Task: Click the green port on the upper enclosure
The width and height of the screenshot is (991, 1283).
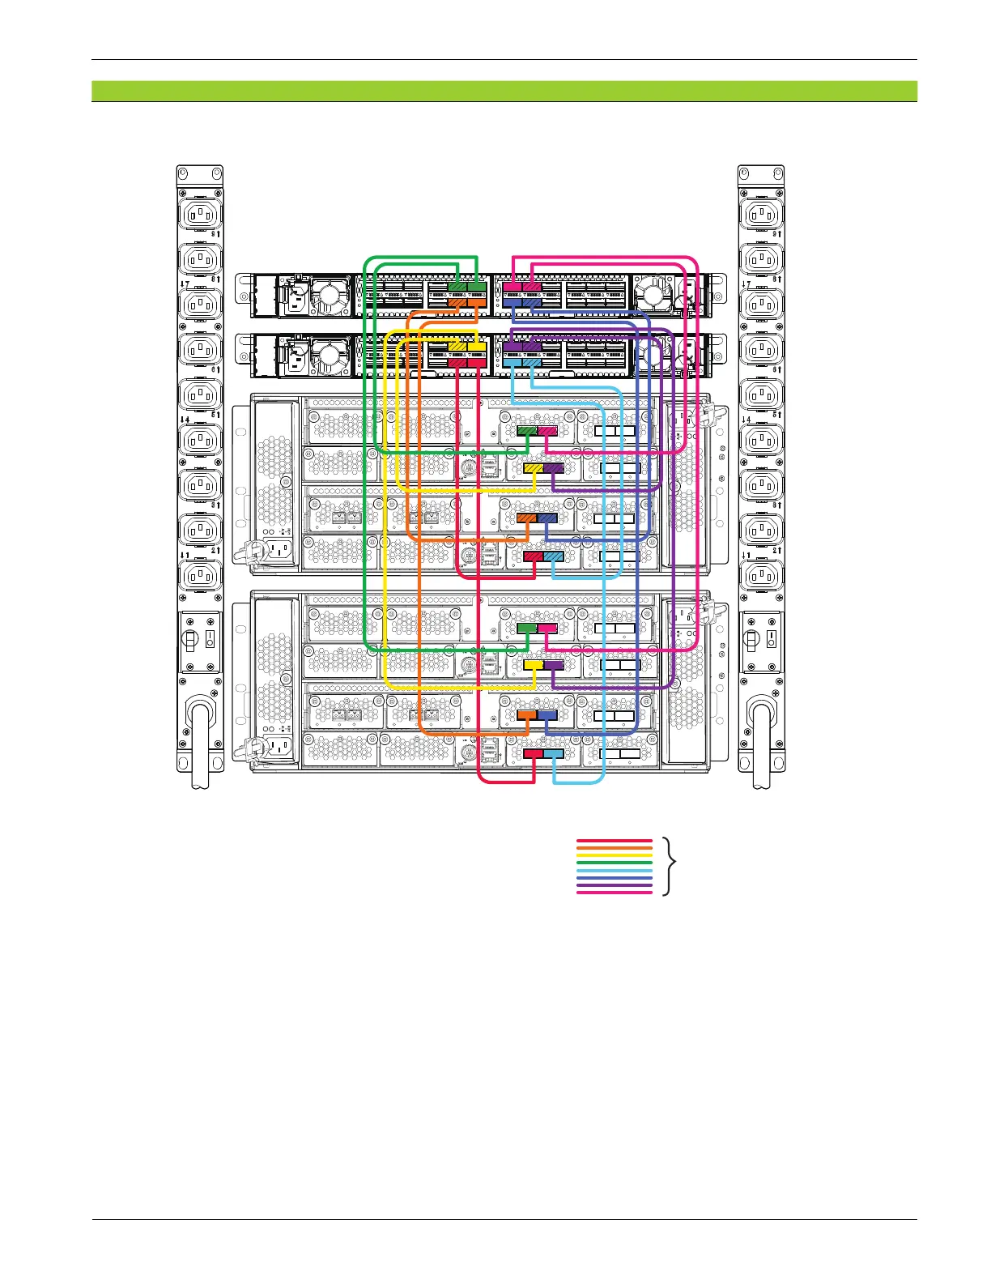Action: click(526, 431)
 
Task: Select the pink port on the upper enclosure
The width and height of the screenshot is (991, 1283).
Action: click(547, 431)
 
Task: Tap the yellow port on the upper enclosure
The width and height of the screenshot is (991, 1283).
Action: click(533, 468)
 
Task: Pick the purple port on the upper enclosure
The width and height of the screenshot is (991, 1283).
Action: click(553, 468)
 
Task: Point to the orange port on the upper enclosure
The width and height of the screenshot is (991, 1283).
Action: click(526, 518)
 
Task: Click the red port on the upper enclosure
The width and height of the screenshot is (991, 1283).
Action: click(533, 556)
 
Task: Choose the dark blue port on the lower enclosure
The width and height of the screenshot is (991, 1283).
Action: click(547, 715)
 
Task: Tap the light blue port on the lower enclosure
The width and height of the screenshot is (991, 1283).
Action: click(553, 753)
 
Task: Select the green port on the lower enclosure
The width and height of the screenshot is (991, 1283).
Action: click(526, 628)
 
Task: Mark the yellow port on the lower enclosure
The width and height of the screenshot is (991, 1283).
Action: click(533, 664)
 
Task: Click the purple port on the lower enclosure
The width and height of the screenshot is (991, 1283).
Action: click(553, 664)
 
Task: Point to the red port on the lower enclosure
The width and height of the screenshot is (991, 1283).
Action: click(533, 753)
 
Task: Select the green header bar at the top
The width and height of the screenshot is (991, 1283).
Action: click(504, 91)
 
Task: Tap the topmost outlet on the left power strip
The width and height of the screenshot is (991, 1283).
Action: click(199, 215)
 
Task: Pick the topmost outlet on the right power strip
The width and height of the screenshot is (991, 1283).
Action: click(761, 215)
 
